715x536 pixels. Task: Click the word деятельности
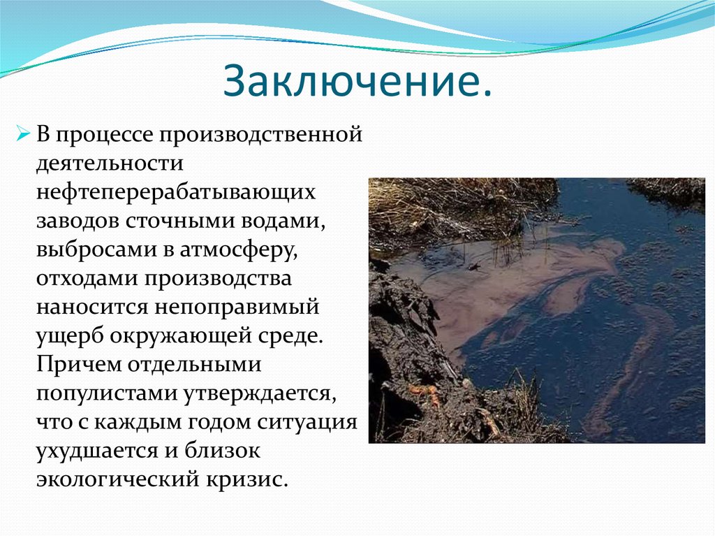pos(110,163)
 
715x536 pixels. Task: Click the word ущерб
pos(66,336)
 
